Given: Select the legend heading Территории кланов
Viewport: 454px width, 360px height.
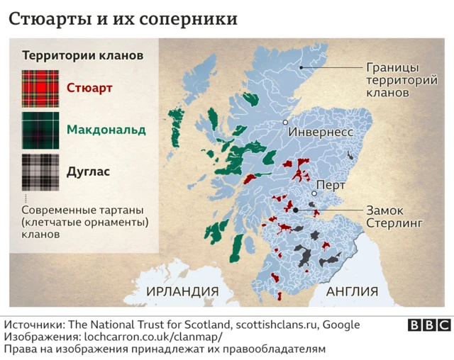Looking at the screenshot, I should tap(83, 55).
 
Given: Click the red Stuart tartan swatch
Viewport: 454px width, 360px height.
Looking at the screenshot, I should tap(40, 89).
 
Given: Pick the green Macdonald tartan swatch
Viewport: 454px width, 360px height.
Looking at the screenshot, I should tap(40, 130).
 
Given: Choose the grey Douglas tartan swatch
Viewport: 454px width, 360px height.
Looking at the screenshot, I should tap(40, 171).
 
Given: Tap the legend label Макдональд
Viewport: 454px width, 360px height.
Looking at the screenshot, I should tap(106, 130).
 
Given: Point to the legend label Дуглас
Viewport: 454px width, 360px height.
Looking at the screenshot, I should tap(89, 171).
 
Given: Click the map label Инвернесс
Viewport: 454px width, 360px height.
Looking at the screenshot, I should tap(320, 133).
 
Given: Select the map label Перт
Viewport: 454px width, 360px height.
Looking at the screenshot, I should tap(332, 185).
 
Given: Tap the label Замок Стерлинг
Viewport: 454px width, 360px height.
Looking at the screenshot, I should tap(394, 216).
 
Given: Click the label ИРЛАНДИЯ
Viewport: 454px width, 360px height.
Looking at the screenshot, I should tap(182, 291).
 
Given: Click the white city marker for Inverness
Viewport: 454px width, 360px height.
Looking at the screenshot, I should tap(286, 122).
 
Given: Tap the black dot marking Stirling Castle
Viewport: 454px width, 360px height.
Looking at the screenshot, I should tap(294, 210).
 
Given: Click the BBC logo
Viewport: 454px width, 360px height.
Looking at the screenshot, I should tap(429, 325).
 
